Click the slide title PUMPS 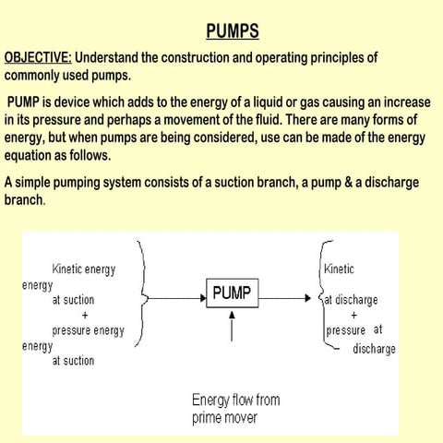(x=232, y=32)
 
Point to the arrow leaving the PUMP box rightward (x=285, y=298)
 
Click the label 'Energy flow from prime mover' (x=235, y=409)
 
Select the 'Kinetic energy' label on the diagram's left (x=97, y=269)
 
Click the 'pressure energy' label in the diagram (x=89, y=330)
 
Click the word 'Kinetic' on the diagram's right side (x=339, y=269)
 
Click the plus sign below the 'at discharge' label (x=353, y=315)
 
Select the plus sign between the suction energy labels (x=85, y=315)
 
